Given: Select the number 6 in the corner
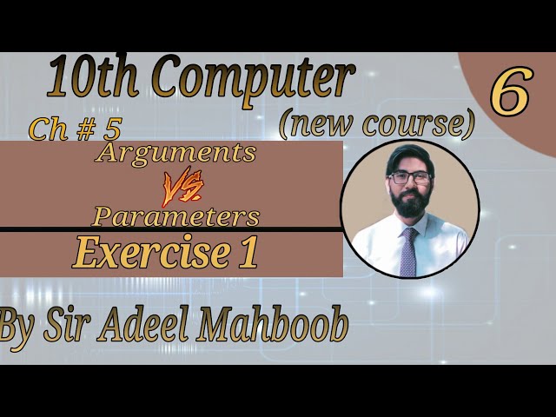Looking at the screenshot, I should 510,93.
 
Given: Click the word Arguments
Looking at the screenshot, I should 179,153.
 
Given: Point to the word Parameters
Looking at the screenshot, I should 175,215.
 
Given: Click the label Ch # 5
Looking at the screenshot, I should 74,129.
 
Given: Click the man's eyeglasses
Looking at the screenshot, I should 409,176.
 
